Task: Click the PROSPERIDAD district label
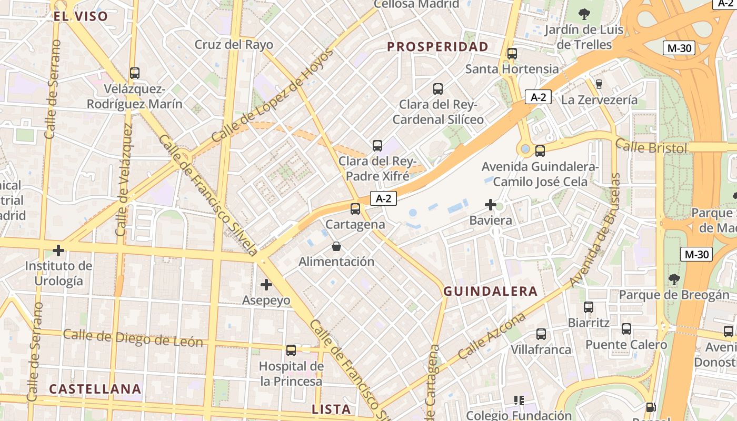[x=437, y=47]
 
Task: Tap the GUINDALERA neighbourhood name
[x=491, y=291]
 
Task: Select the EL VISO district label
[x=81, y=16]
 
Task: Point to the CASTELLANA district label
[x=95, y=389]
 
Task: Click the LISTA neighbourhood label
[x=331, y=409]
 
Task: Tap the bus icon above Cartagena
[x=355, y=209]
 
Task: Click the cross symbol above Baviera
[x=491, y=205]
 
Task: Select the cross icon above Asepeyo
[x=266, y=285]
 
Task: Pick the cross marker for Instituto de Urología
[x=58, y=250]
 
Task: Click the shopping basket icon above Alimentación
[x=336, y=246]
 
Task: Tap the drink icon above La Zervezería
[x=599, y=84]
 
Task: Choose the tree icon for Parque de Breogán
[x=674, y=279]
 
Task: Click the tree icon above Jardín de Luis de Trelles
[x=584, y=14]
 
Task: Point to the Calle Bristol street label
[x=651, y=147]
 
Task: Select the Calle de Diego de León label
[x=133, y=338]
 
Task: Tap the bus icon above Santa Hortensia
[x=512, y=53]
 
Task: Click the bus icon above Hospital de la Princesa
[x=291, y=350]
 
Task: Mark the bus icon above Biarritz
[x=589, y=307]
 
